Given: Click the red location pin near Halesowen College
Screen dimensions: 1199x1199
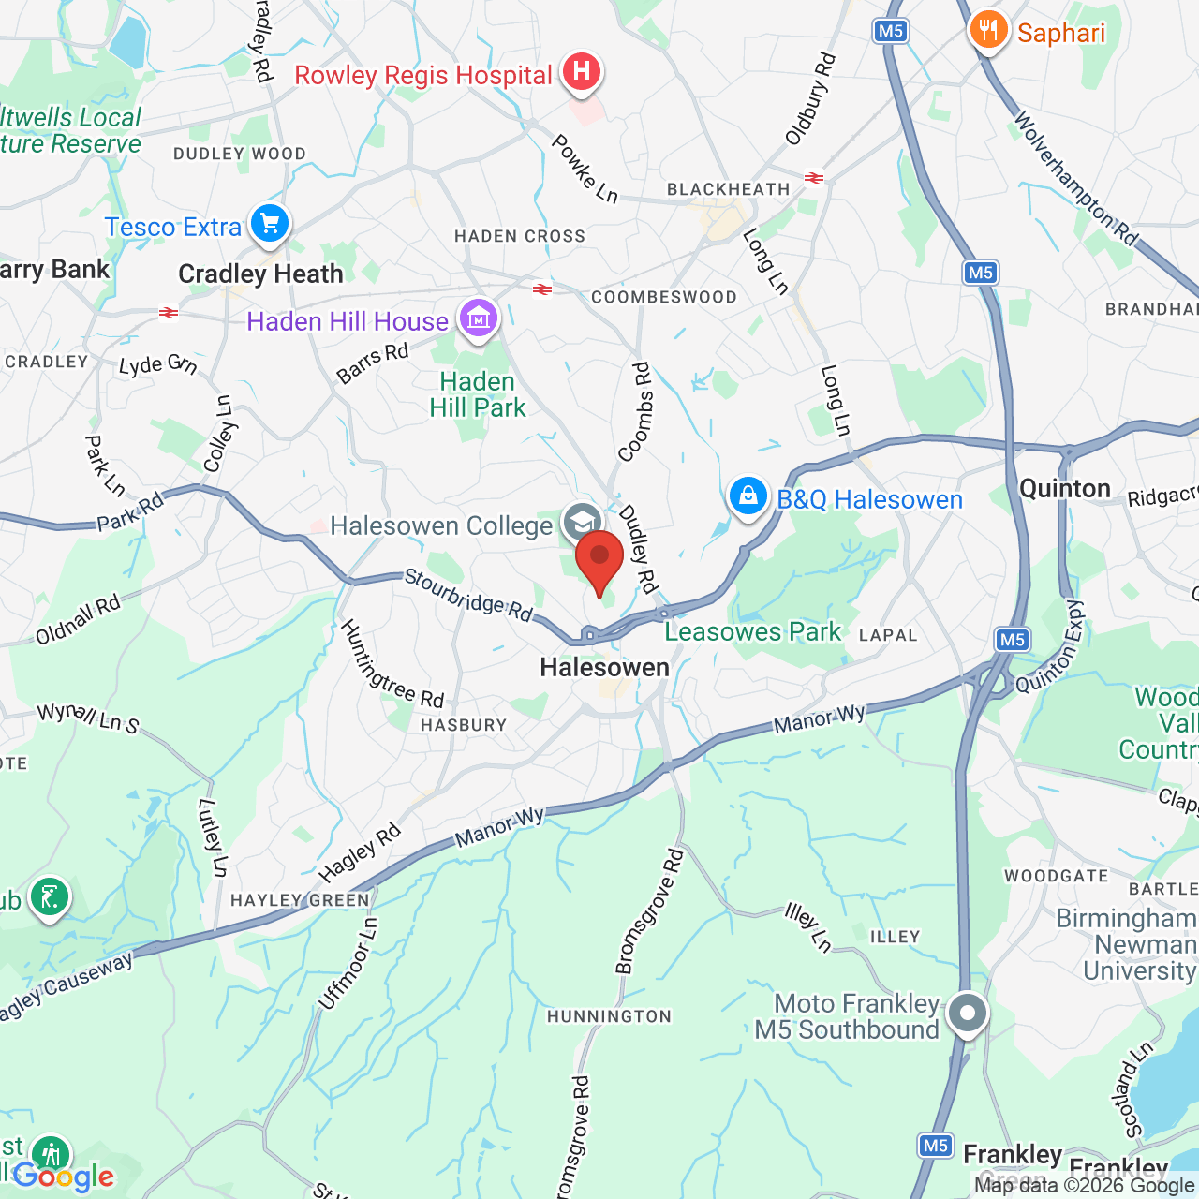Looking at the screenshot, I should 599,559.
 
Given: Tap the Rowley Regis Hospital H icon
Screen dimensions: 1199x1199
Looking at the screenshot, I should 582,71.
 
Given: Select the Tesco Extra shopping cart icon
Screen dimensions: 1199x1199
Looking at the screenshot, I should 270,224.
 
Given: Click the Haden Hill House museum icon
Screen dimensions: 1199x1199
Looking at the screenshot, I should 479,318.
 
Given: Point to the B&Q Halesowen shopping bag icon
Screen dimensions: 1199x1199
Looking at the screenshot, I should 748,496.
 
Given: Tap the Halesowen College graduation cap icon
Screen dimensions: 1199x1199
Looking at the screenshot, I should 581,521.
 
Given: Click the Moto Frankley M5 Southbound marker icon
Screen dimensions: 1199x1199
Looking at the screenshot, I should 968,1013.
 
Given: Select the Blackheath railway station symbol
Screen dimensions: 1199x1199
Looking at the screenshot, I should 813,177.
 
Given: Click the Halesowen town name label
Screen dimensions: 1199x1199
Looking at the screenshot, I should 605,668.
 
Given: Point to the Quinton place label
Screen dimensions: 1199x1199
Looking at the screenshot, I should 1065,489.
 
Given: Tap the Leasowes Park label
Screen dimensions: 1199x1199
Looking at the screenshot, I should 753,632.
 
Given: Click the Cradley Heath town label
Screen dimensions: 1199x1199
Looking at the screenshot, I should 260,274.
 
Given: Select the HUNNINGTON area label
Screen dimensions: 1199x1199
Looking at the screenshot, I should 610,1016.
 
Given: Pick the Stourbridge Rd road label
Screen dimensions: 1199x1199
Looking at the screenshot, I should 467,595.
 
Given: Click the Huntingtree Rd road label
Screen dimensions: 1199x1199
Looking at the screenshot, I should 391,664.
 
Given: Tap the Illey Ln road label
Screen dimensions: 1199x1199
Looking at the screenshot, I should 808,927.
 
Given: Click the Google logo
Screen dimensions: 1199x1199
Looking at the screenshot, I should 64,1177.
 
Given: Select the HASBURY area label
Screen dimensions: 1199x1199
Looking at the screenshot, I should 464,725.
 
